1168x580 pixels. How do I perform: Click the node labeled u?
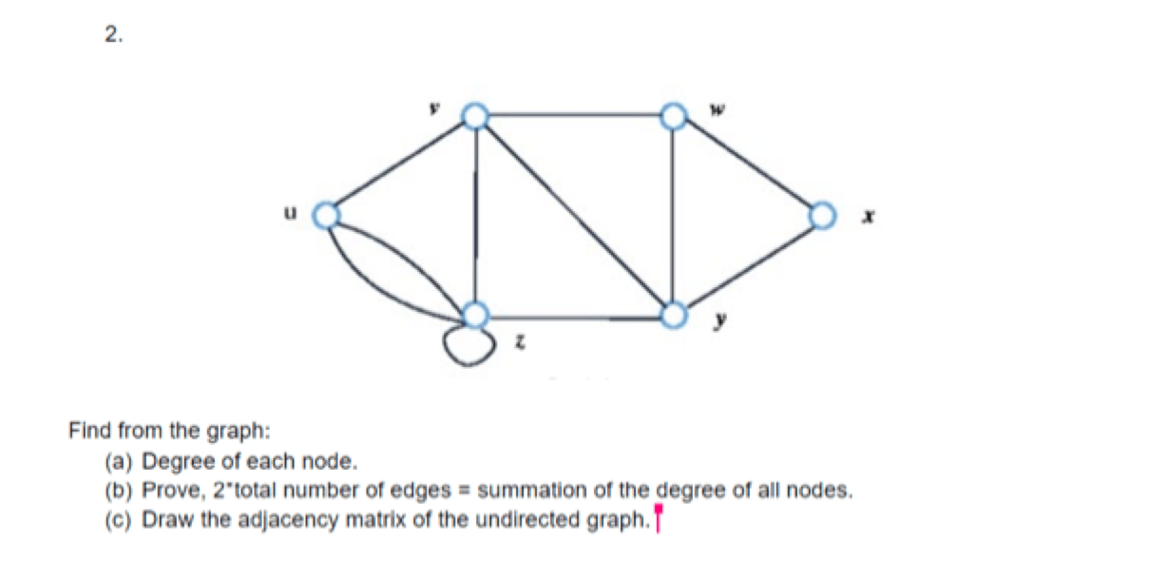[x=326, y=216]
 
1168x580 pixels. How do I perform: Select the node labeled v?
[x=475, y=116]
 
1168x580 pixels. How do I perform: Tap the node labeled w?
[x=673, y=116]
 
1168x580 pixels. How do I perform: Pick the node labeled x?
[x=822, y=216]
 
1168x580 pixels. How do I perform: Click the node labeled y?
[x=673, y=315]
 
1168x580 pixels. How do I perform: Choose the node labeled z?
[x=475, y=315]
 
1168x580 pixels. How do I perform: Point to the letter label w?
[x=718, y=109]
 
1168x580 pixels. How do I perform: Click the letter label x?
[x=868, y=216]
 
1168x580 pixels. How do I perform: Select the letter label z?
[x=520, y=342]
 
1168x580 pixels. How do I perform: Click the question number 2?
[x=114, y=35]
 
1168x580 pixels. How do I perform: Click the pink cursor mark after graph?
[x=658, y=517]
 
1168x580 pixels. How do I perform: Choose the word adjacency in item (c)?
[x=288, y=520]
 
